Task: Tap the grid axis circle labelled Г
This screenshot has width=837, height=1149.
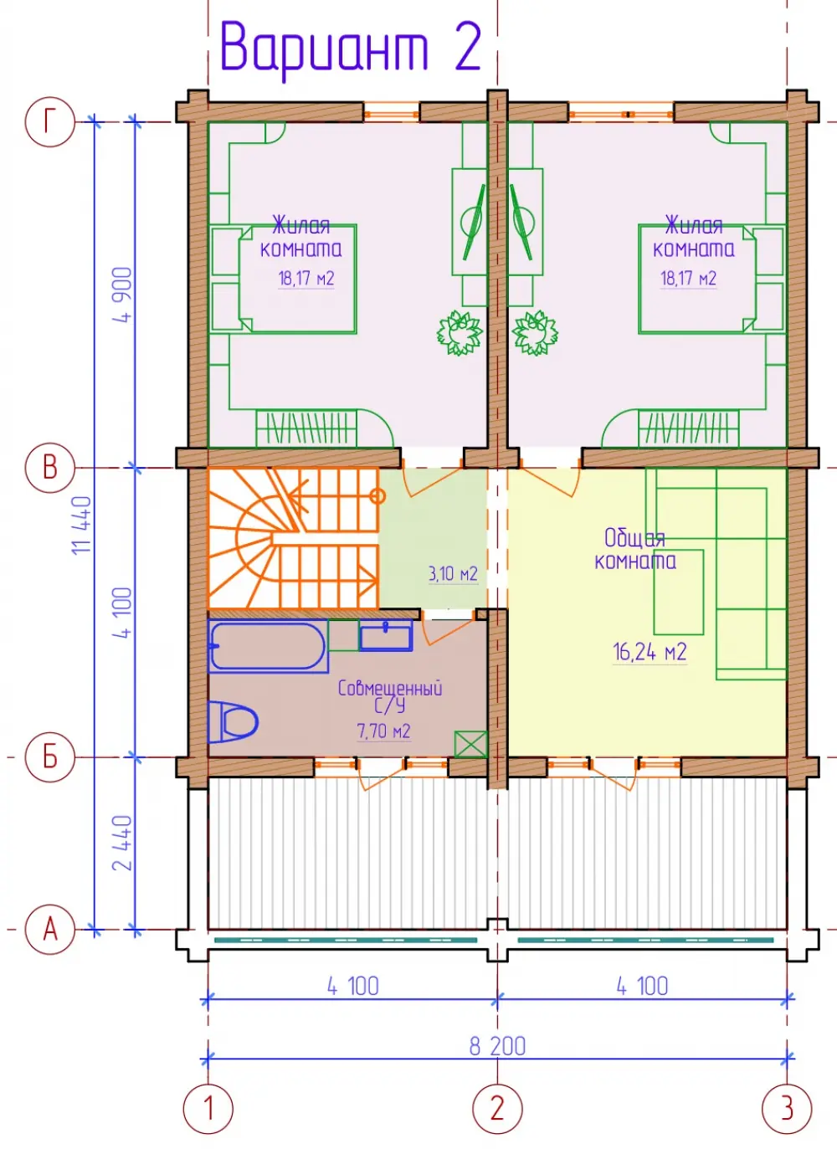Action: pyautogui.click(x=50, y=122)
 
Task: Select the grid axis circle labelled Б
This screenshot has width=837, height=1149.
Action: pyautogui.click(x=50, y=757)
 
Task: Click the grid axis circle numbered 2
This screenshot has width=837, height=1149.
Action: pyautogui.click(x=497, y=1108)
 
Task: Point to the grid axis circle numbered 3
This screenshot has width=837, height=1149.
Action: pyautogui.click(x=787, y=1108)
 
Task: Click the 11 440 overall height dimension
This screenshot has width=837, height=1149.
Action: pyautogui.click(x=82, y=525)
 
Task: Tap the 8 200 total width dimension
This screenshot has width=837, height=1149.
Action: pyautogui.click(x=497, y=1046)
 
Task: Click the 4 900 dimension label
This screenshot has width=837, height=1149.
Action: pyautogui.click(x=123, y=295)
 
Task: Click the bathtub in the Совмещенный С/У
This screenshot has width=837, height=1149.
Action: pyautogui.click(x=268, y=646)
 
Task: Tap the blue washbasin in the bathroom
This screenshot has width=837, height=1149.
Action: pyautogui.click(x=386, y=636)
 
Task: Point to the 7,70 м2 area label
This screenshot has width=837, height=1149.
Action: pyautogui.click(x=384, y=731)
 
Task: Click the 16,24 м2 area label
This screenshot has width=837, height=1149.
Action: pyautogui.click(x=650, y=652)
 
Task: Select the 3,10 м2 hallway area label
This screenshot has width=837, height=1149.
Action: pyautogui.click(x=453, y=573)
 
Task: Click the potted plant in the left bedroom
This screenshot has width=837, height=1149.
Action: pyautogui.click(x=460, y=333)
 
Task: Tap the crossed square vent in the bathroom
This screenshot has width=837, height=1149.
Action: pyautogui.click(x=470, y=744)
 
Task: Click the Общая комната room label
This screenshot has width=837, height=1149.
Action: pyautogui.click(x=635, y=550)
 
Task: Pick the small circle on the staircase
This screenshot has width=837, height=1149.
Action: pyautogui.click(x=377, y=496)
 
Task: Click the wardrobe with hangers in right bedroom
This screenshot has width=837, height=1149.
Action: pyautogui.click(x=689, y=428)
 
